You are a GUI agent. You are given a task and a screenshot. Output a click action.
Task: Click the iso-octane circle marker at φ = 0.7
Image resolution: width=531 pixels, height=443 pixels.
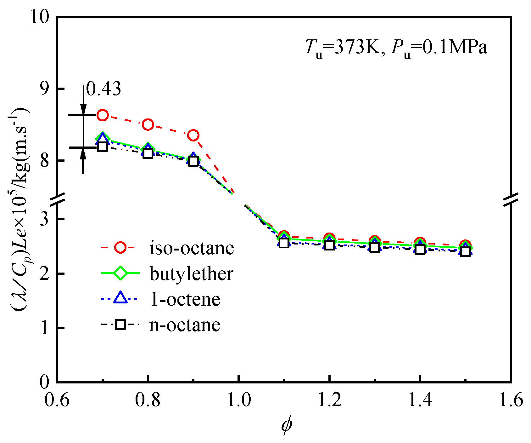coord(103,115)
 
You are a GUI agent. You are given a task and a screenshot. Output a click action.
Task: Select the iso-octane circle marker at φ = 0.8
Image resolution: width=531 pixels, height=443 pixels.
coord(148,125)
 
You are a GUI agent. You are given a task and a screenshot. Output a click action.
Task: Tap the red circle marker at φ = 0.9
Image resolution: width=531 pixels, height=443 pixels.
coord(193,135)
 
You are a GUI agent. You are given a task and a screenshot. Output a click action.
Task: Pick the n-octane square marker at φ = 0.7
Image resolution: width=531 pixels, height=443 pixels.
coord(103,147)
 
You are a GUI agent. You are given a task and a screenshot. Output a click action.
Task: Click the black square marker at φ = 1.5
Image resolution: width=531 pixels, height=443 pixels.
coord(465,252)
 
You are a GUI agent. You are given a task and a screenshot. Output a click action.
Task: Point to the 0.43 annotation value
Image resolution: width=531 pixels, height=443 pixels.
coord(103,89)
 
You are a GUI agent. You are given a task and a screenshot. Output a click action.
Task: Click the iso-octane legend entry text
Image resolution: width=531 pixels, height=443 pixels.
coord(192,248)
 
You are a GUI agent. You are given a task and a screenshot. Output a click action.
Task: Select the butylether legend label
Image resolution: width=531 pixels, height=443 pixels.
coord(191,273)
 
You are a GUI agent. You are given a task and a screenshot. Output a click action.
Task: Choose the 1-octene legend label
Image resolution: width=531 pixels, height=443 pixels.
coord(185,299)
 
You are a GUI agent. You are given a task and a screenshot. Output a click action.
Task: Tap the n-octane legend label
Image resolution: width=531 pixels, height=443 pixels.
coord(185,325)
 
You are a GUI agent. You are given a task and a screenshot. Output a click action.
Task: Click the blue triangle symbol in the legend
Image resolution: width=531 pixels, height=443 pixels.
coord(120,298)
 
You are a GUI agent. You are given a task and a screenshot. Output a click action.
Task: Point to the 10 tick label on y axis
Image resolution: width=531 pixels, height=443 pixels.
coord(40,16)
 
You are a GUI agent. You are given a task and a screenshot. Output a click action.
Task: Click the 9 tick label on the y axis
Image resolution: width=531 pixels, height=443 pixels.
coord(46,89)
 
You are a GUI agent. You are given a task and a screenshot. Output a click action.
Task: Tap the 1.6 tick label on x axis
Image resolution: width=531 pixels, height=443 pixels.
coord(510,400)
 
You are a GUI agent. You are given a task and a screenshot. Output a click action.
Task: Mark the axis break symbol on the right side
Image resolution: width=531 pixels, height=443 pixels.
coord(511,199)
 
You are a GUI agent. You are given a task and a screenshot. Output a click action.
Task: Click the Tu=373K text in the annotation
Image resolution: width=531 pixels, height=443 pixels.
coord(343,48)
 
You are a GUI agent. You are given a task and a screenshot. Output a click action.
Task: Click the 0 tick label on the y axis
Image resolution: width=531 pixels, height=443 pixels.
coord(46,382)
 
